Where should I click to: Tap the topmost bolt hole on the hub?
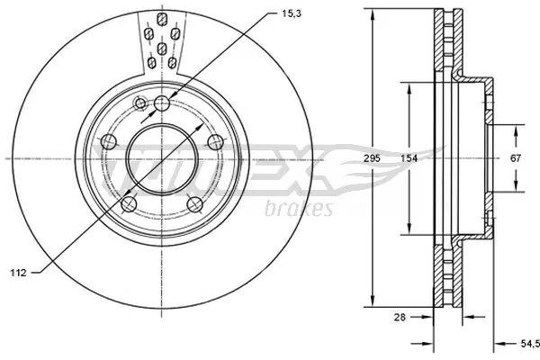(162, 103)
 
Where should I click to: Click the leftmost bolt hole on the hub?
(107, 140)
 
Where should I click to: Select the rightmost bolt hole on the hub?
(216, 141)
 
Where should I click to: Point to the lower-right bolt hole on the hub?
(194, 204)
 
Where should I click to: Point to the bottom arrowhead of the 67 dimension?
(517, 186)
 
